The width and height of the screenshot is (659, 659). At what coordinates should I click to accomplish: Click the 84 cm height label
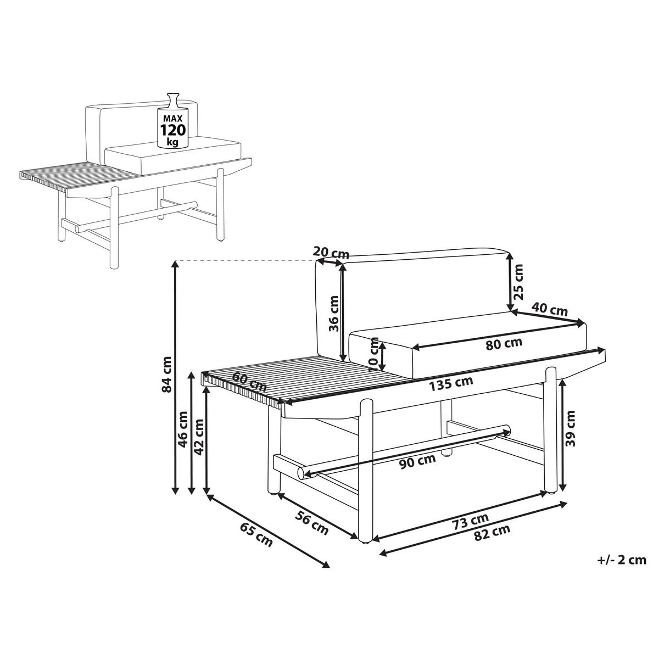click(167, 375)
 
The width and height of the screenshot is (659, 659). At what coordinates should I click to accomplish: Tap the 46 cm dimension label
click(183, 429)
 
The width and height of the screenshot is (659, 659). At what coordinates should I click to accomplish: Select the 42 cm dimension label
click(199, 437)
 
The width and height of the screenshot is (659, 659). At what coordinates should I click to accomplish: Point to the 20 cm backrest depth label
click(331, 253)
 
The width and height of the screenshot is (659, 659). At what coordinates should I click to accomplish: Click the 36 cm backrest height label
click(333, 313)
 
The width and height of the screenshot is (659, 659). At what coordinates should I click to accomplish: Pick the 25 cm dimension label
click(518, 282)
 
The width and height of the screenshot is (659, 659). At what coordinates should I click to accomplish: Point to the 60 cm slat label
click(249, 382)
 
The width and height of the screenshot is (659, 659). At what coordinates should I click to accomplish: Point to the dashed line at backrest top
click(245, 261)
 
